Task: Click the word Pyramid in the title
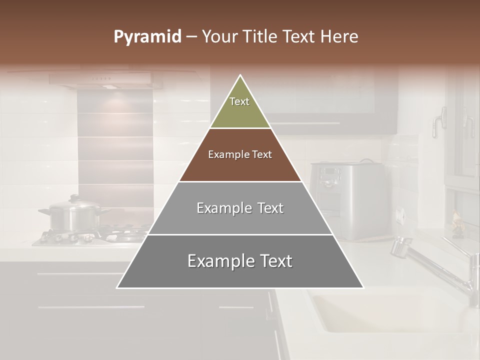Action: click(147, 37)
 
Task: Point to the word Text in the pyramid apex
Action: click(239, 101)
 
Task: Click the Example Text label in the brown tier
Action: click(240, 154)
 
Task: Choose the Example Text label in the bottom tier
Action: click(240, 261)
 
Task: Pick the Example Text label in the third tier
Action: click(240, 208)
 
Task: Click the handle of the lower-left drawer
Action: click(90, 306)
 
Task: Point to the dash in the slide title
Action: click(191, 37)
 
